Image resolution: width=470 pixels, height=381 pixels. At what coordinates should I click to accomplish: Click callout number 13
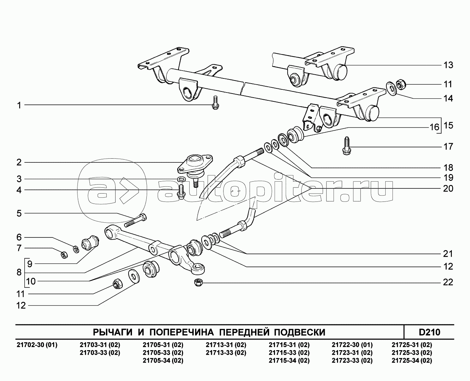click(x=448, y=65)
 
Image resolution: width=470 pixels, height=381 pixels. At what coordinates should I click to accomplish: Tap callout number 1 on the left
click(x=19, y=106)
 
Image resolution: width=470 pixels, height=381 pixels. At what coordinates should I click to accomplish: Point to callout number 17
click(x=448, y=147)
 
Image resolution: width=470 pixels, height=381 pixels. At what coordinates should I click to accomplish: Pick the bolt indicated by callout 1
click(x=215, y=103)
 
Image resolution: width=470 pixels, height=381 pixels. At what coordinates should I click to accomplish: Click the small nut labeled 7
click(x=64, y=255)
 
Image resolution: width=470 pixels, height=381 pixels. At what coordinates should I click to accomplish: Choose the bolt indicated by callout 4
click(x=181, y=191)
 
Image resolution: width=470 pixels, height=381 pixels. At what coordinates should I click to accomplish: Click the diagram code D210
click(x=429, y=332)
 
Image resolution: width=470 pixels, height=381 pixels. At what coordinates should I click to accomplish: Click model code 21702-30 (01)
click(x=37, y=345)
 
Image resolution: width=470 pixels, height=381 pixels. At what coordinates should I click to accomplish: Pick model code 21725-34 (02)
click(x=412, y=360)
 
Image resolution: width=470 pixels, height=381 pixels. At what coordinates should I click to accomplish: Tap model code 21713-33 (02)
click(x=226, y=353)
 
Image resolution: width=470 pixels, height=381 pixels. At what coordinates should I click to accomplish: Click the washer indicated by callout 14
click(x=391, y=87)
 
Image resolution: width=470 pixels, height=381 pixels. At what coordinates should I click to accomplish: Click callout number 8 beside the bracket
click(x=19, y=272)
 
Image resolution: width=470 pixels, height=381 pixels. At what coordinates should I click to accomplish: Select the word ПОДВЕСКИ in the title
click(x=299, y=332)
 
